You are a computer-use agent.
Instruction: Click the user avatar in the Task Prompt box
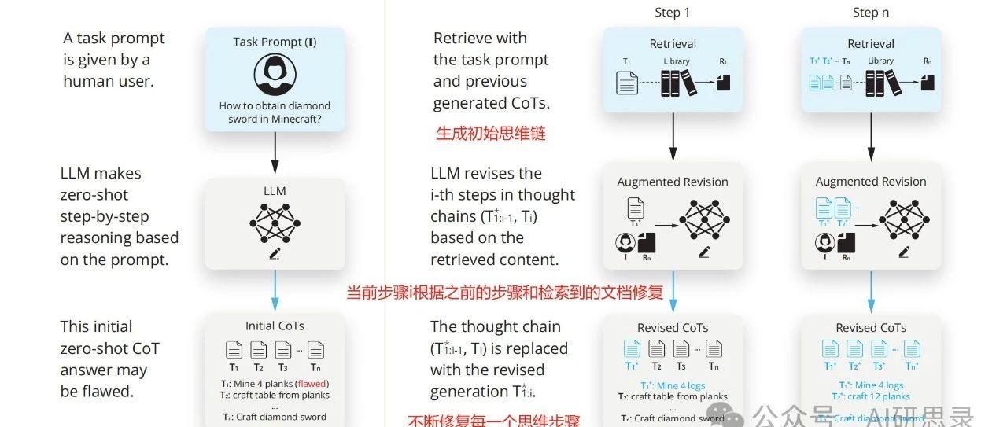point(275,73)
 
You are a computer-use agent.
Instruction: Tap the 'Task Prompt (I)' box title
point(275,42)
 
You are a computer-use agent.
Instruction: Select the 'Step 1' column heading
point(672,12)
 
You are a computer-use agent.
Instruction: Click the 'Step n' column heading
point(870,12)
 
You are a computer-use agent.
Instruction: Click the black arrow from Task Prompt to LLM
point(275,153)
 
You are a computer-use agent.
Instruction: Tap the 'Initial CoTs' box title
point(275,326)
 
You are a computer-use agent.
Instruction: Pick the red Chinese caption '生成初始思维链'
point(490,134)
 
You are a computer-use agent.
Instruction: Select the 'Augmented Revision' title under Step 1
point(672,182)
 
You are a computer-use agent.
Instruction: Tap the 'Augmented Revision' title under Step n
point(870,182)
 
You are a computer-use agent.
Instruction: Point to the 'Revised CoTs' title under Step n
point(870,328)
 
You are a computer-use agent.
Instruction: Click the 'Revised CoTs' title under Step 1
point(672,328)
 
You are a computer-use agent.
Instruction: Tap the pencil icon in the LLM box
point(275,253)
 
